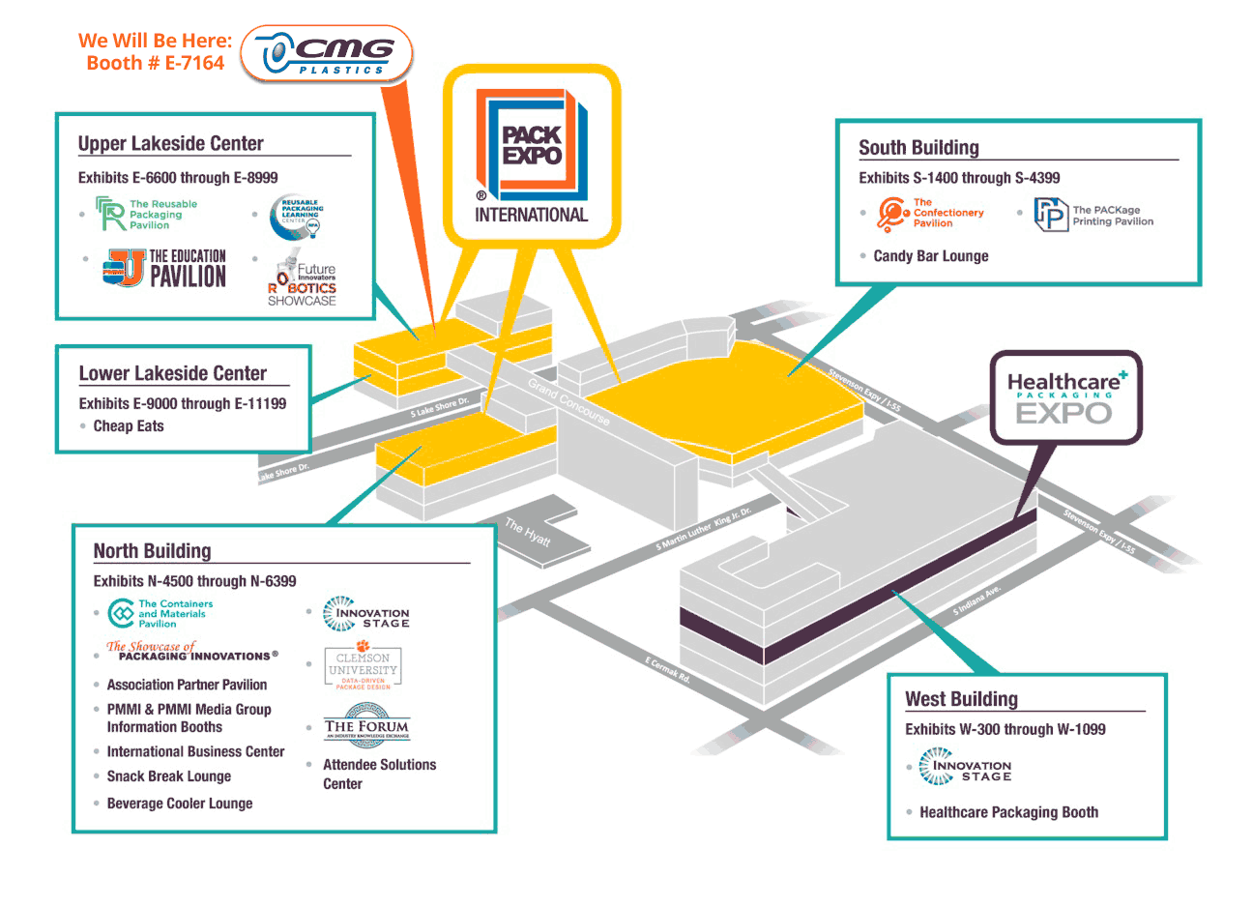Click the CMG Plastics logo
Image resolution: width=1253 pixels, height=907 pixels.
pos(327,54)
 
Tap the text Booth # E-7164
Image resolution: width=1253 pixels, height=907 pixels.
pos(155,64)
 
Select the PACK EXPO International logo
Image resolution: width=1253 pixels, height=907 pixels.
pos(531,157)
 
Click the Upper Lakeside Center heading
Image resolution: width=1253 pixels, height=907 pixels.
pos(170,144)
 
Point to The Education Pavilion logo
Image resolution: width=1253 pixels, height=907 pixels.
pos(165,269)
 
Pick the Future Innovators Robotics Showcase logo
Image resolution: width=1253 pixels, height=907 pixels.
pos(302,278)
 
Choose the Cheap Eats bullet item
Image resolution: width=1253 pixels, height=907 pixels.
pos(129,426)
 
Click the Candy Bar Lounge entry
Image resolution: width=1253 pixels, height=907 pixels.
pos(930,256)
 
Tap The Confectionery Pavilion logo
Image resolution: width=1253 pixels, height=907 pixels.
pos(930,213)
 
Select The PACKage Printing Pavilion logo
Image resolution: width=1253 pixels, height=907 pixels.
pos(1093,215)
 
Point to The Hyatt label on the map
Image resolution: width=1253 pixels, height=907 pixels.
pos(528,532)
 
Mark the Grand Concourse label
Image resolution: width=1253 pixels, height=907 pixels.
pos(568,401)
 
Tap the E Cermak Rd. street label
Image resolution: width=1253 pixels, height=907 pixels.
pos(668,669)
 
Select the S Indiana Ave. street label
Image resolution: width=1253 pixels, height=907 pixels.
pos(976,601)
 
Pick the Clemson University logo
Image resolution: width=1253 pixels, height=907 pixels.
pos(363,666)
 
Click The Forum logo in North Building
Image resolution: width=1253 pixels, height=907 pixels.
pos(366,725)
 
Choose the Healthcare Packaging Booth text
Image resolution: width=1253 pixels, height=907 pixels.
pos(1008,813)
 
